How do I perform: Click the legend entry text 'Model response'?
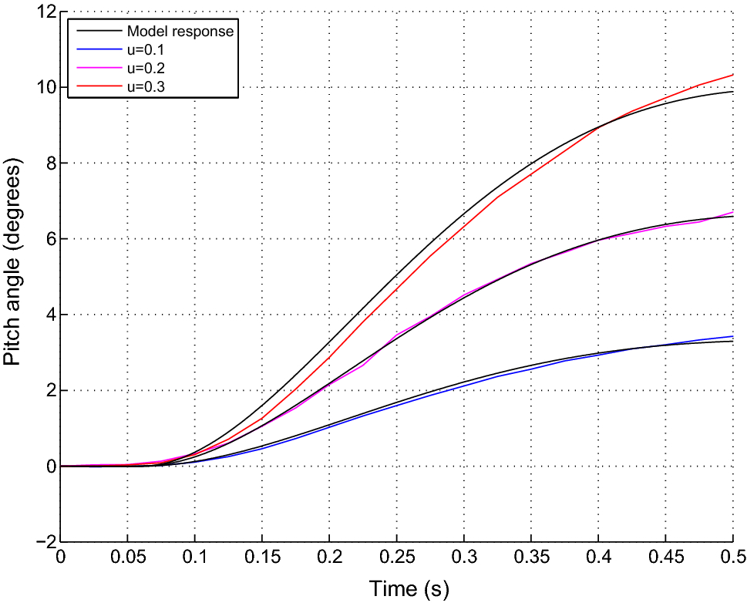pos(180,32)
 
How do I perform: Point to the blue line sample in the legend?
pos(96,50)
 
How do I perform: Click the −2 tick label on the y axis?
pos(43,542)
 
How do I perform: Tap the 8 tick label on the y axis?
pos(48,163)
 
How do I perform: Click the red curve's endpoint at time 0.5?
pos(732,75)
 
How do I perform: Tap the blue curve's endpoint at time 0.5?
pos(732,336)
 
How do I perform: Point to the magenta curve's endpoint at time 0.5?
pos(732,211)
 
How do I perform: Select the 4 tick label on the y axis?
pos(48,315)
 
